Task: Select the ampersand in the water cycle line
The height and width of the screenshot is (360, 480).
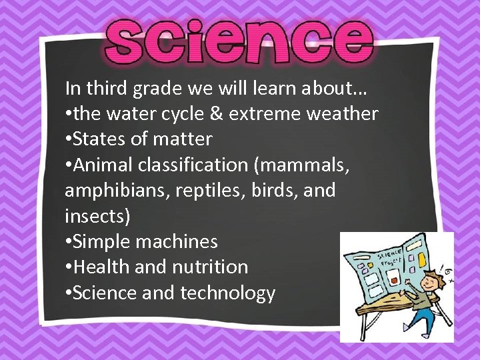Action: pos(215,114)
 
